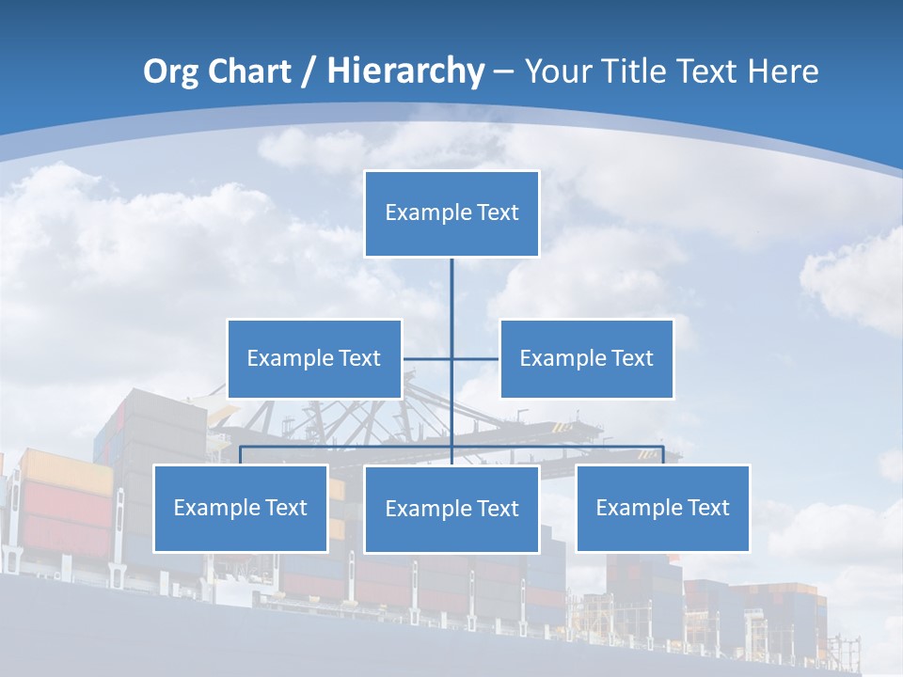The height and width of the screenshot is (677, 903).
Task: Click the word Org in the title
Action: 172,71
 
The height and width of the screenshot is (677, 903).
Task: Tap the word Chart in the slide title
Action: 246,71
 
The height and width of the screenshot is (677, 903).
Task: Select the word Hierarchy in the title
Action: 405,71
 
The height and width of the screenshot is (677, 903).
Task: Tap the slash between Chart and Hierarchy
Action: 309,72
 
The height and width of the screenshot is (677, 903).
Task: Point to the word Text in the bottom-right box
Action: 707,508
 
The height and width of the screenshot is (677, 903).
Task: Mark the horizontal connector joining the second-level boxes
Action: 475,358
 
